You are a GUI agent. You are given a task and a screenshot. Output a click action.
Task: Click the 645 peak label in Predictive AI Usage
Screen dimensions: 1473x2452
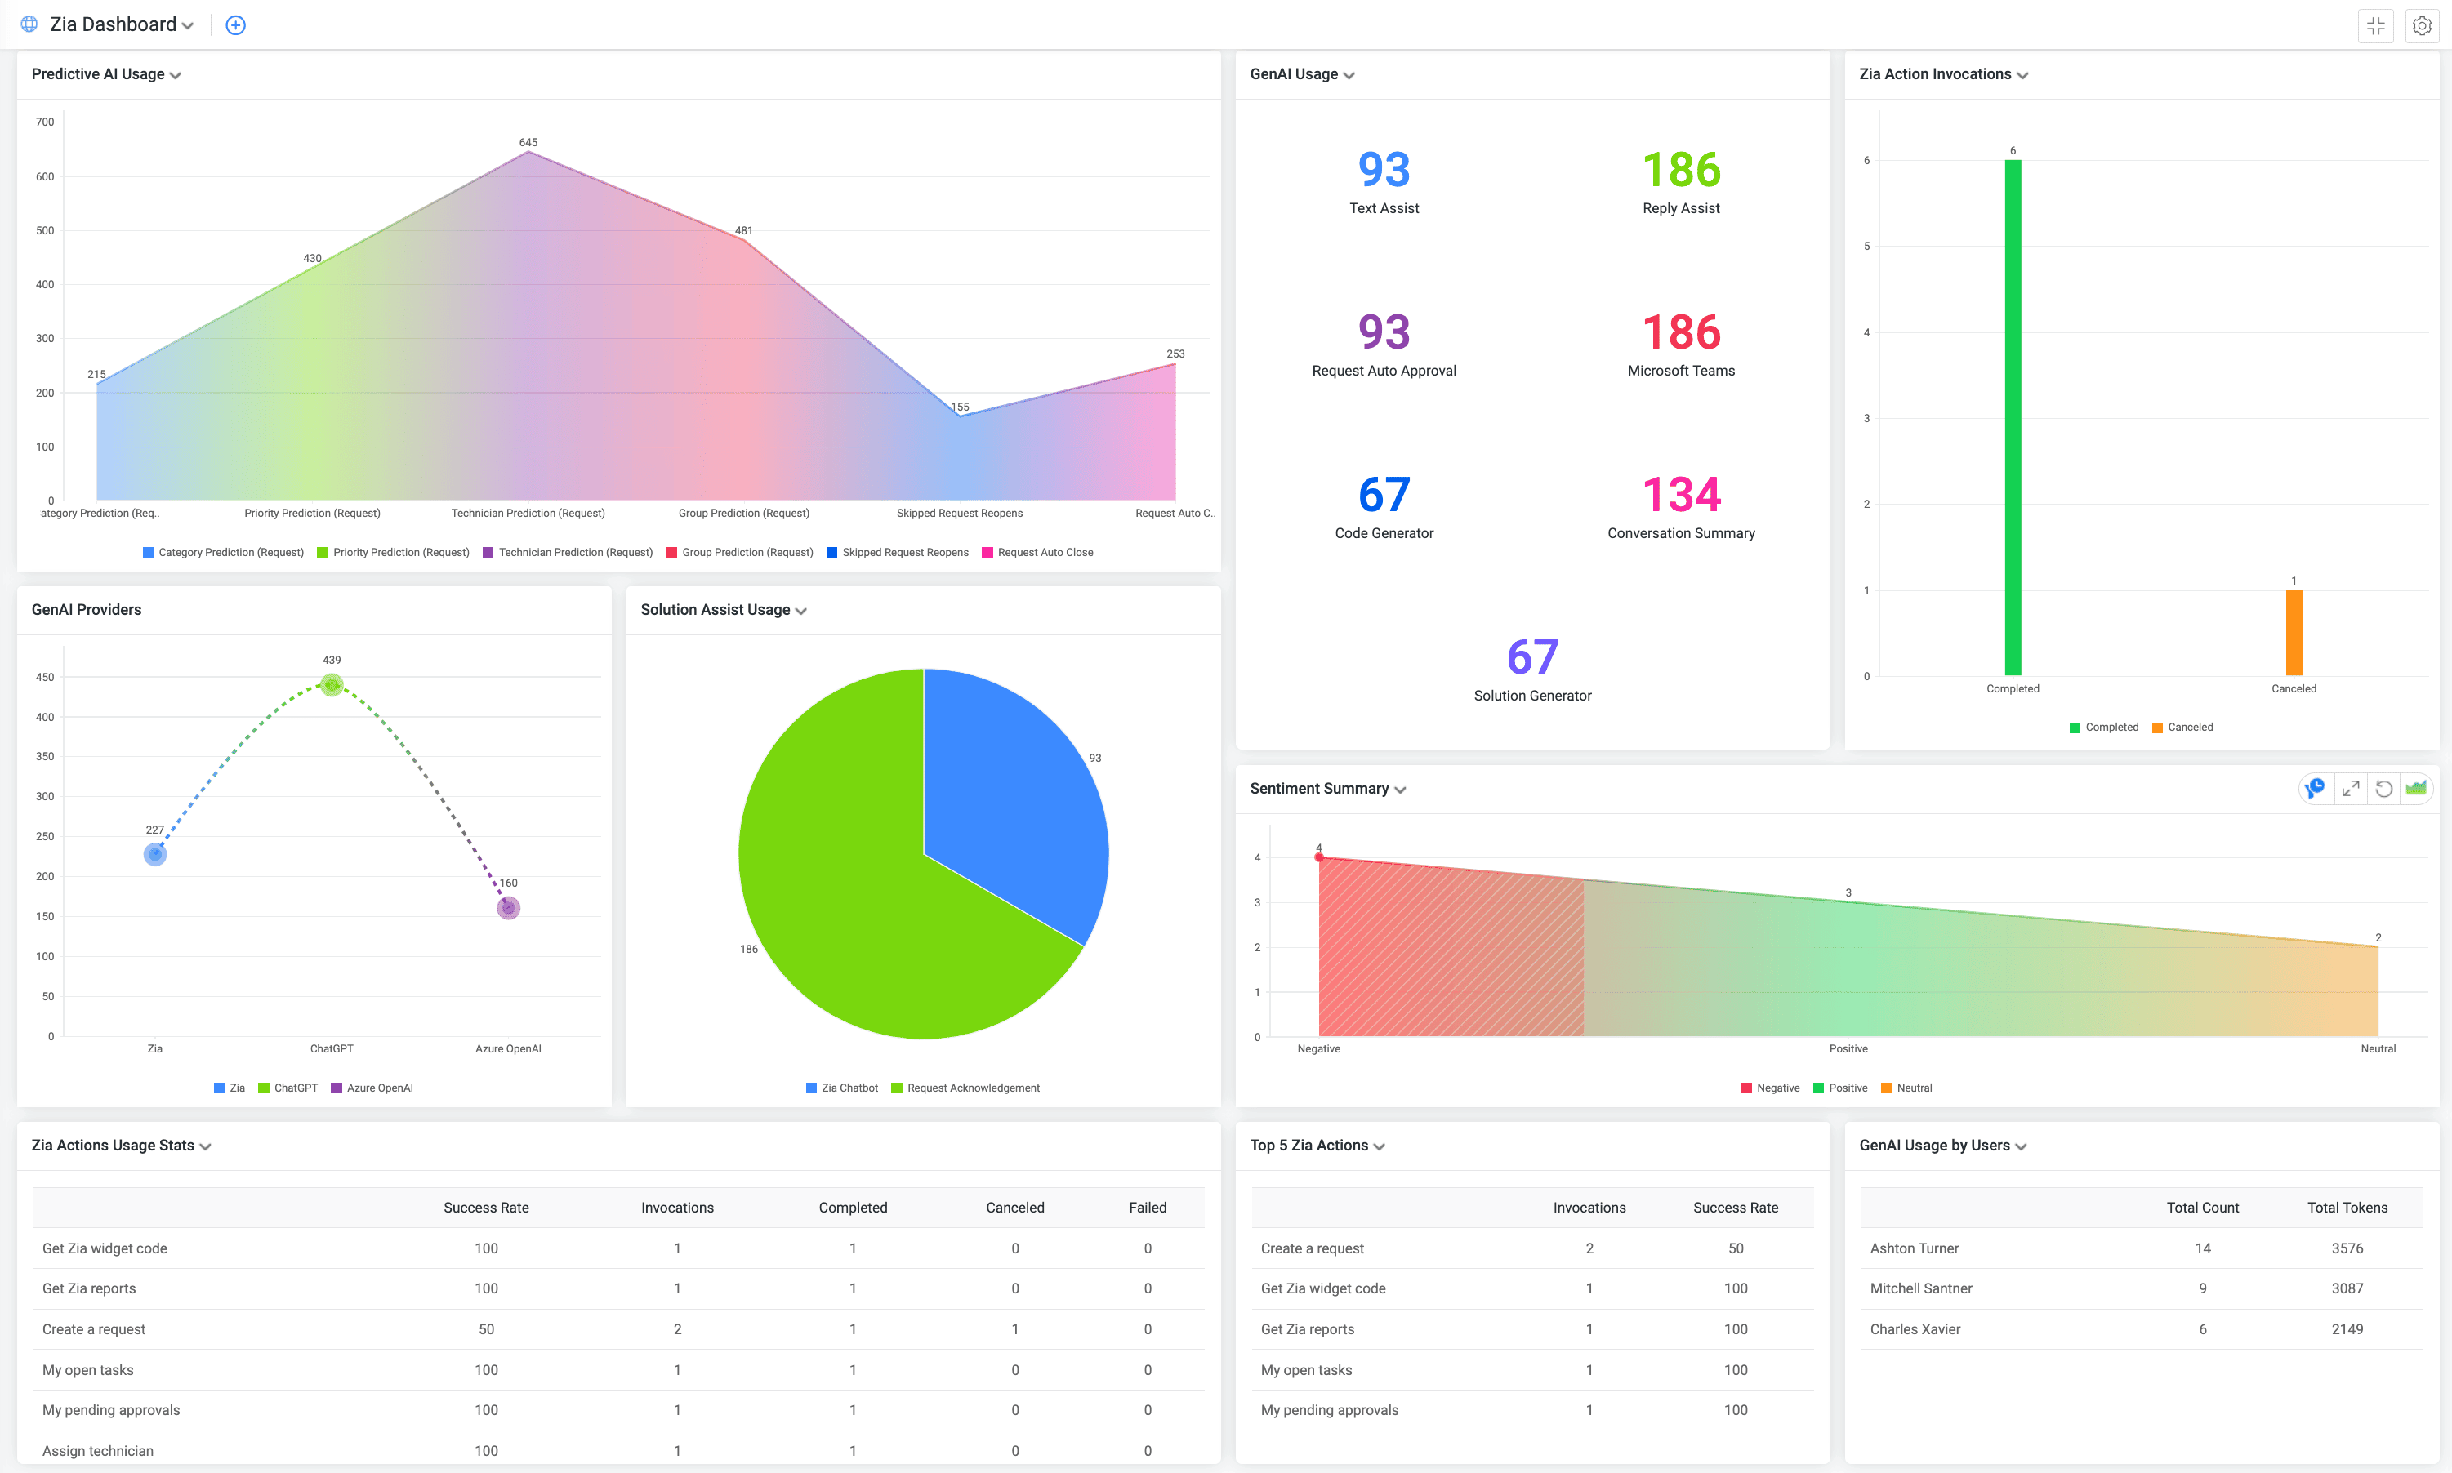(528, 143)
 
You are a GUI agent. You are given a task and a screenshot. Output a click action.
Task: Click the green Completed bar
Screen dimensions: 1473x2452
(2013, 417)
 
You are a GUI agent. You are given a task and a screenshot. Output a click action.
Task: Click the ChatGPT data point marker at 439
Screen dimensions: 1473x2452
(332, 684)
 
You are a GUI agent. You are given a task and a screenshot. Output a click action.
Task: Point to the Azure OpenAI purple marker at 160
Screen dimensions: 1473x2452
(508, 907)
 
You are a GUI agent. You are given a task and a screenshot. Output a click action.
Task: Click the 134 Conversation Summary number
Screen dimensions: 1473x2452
(1681, 494)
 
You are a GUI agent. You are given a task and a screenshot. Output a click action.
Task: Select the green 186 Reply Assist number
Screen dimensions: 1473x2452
(1681, 170)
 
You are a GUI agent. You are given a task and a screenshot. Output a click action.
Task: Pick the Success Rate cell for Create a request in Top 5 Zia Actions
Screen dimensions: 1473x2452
(1734, 1248)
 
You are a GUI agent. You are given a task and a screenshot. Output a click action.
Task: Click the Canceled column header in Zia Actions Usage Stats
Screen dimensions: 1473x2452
(1014, 1207)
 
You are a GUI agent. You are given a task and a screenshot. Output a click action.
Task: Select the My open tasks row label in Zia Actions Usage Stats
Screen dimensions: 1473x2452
(87, 1370)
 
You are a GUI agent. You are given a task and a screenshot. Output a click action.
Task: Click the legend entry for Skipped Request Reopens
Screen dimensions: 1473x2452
(904, 553)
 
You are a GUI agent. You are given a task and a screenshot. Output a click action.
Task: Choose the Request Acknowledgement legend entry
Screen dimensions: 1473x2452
(972, 1088)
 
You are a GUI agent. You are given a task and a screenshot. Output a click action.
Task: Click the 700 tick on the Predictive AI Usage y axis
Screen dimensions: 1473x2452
(45, 122)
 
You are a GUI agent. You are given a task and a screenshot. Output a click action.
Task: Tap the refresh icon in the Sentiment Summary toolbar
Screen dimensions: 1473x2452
(2383, 788)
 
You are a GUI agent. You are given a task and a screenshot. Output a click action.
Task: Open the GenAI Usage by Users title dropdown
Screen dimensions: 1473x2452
(2022, 1146)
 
